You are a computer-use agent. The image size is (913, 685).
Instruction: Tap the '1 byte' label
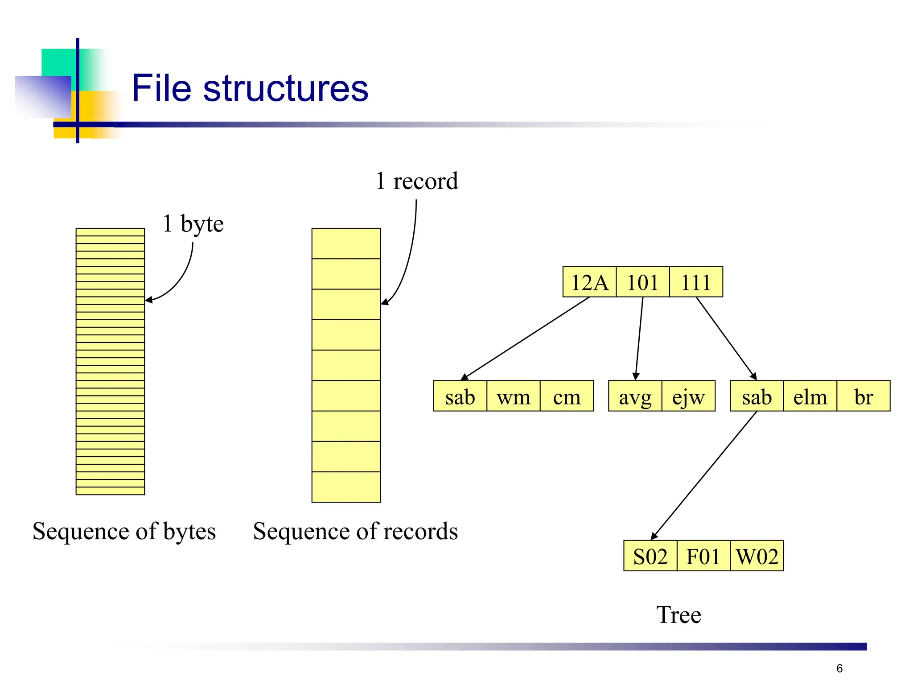pos(193,223)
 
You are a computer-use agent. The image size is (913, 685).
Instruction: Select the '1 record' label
pos(417,181)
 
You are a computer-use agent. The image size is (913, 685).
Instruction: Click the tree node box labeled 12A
pos(589,282)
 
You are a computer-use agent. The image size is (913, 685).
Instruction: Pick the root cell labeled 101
pos(642,282)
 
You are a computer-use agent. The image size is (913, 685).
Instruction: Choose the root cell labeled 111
pos(696,282)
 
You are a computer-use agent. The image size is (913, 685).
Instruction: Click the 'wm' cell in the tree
pos(513,396)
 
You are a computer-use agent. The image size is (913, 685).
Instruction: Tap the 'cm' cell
pos(567,396)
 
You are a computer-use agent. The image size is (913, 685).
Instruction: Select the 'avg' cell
pos(635,396)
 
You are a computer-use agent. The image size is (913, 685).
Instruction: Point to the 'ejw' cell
pos(688,396)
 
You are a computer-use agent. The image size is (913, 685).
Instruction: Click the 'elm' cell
pos(810,396)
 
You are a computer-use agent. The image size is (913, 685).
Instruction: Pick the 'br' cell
pos(863,396)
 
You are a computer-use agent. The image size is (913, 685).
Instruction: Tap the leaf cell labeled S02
pos(650,556)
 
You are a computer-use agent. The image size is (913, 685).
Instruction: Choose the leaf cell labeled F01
pos(703,556)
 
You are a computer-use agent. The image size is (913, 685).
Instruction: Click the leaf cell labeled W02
pos(757,556)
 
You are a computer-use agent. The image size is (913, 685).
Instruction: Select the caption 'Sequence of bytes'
pos(124,531)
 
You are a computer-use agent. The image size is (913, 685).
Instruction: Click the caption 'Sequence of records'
pos(355,531)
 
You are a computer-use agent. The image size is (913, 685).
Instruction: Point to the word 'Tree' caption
pos(679,615)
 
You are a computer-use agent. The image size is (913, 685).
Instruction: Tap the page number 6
pos(839,668)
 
